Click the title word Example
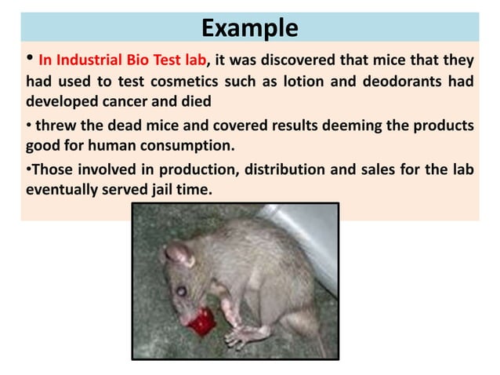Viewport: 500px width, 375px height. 249,28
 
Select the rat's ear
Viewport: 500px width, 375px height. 178,253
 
